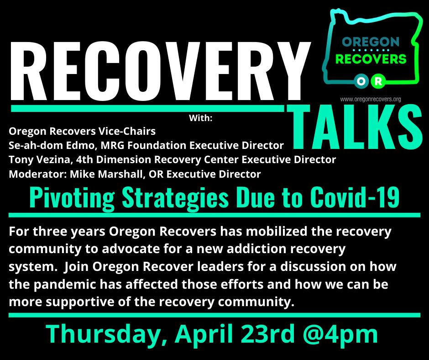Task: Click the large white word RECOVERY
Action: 161,71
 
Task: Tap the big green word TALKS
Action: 355,127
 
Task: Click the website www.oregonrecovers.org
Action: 371,99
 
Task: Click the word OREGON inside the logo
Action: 371,42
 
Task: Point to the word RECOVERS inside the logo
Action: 371,59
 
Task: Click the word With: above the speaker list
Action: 200,118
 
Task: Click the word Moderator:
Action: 38,174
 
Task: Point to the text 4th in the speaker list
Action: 84,160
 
